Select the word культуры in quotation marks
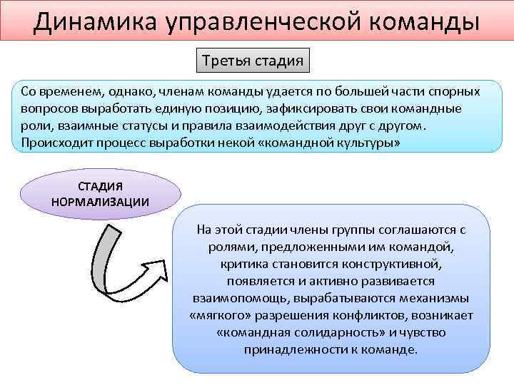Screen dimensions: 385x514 tap(364, 142)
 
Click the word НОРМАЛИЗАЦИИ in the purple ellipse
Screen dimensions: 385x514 tap(101, 200)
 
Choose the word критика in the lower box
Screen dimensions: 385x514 tap(243, 264)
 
